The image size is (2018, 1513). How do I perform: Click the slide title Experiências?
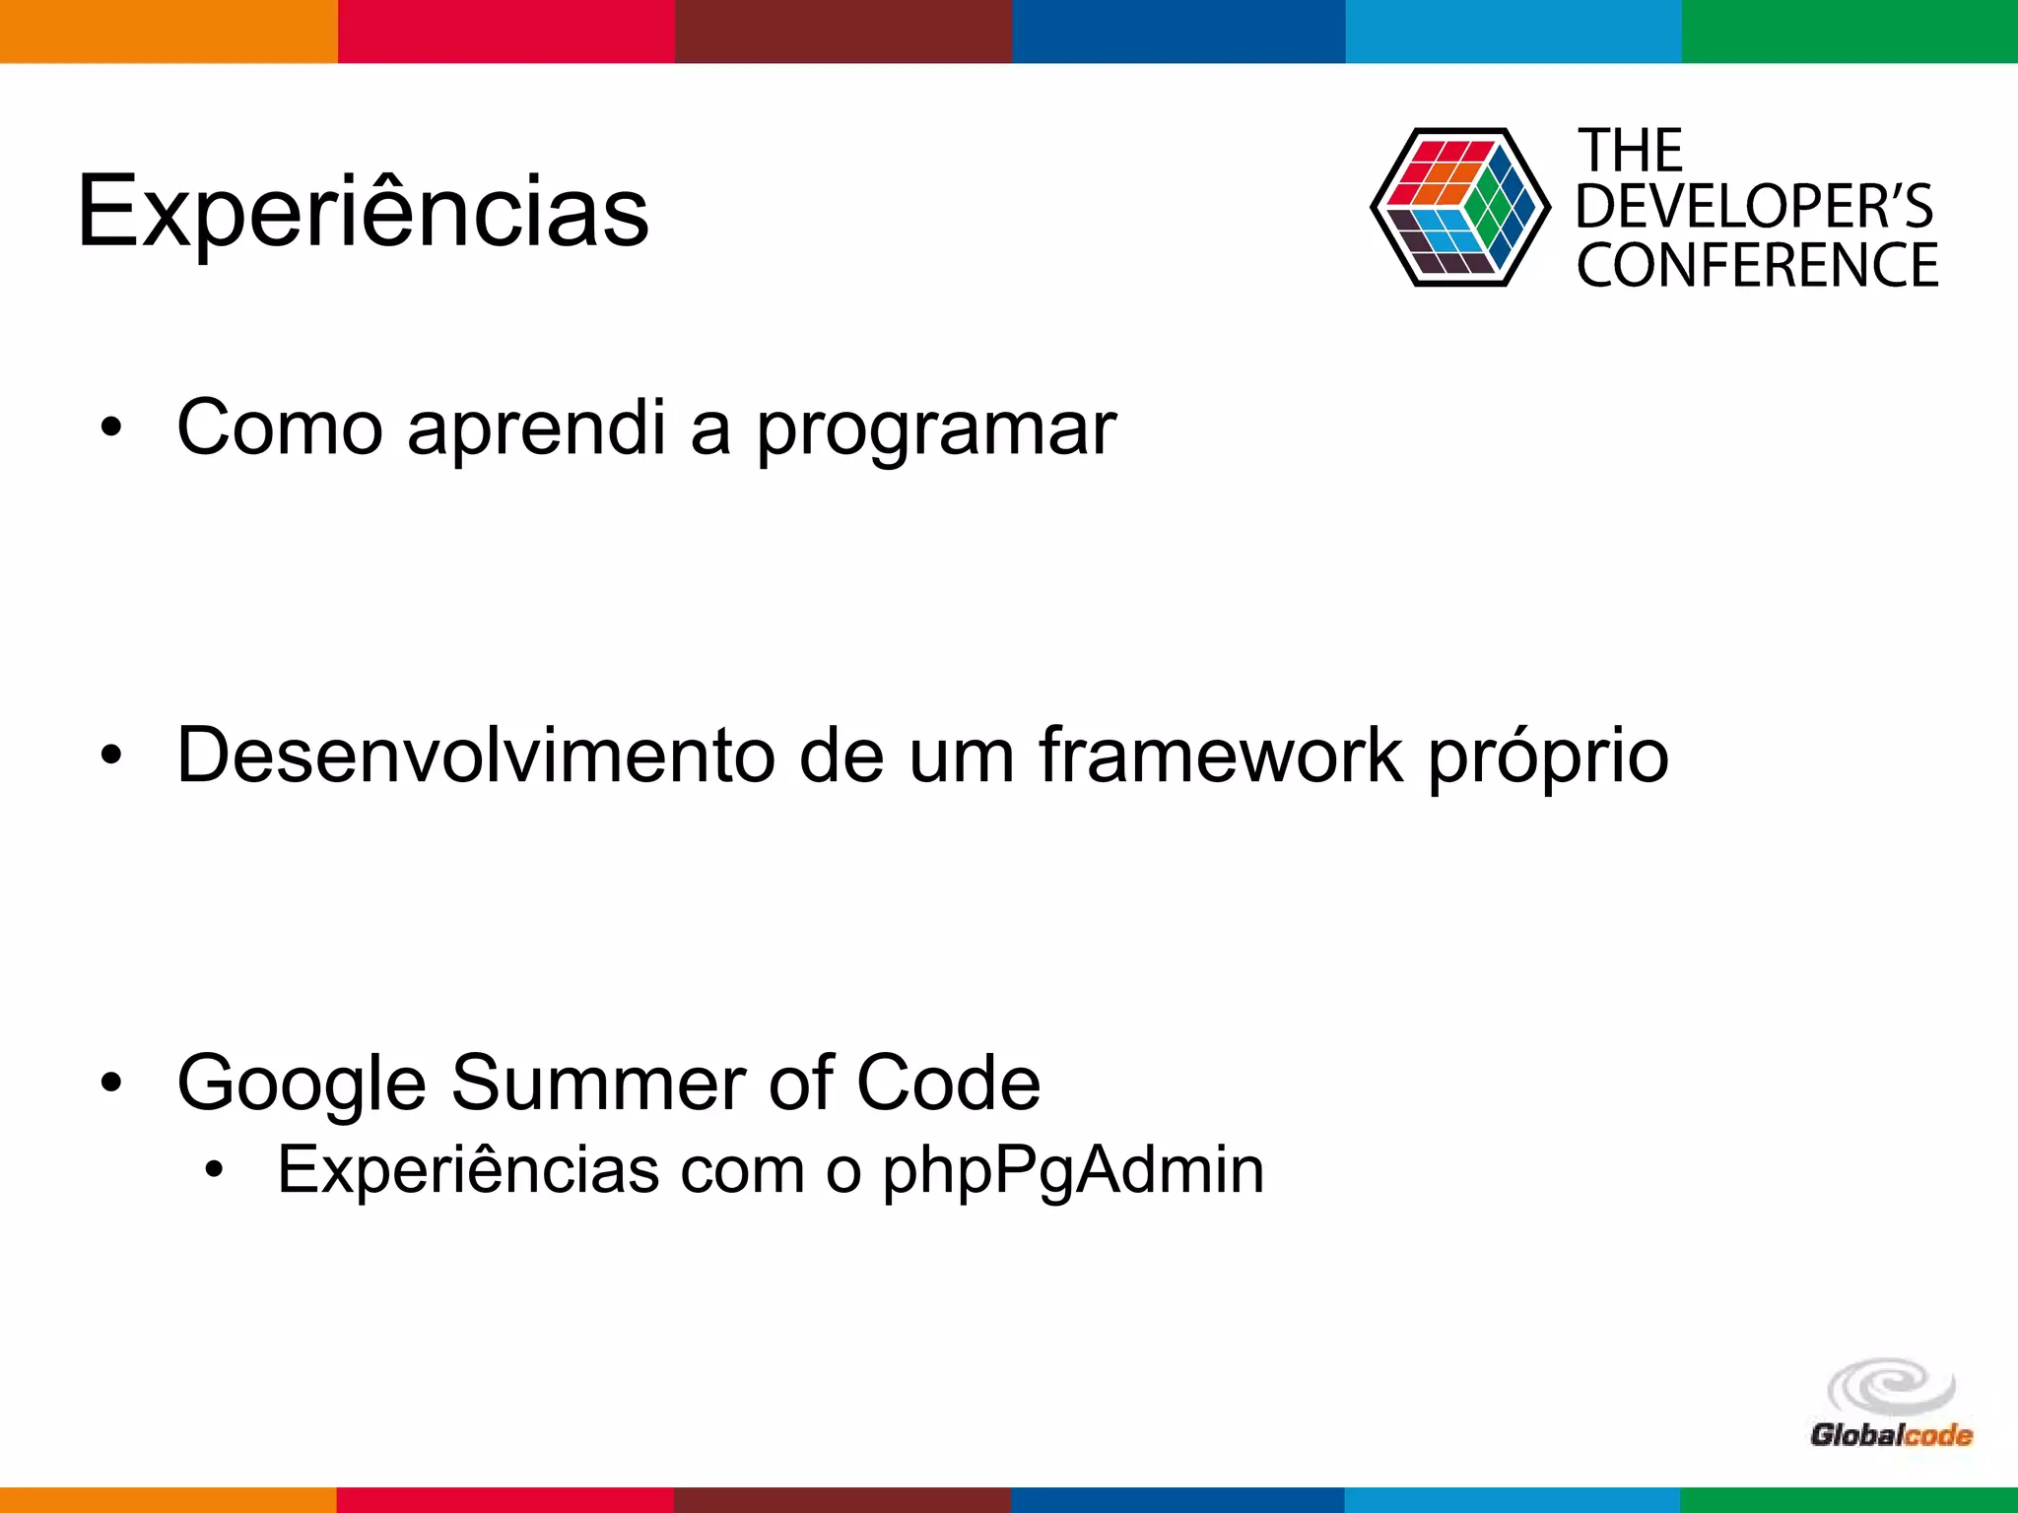pos(363,212)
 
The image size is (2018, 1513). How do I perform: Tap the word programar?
pos(935,430)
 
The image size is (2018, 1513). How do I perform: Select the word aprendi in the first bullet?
pos(536,430)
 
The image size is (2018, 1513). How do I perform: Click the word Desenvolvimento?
pos(475,756)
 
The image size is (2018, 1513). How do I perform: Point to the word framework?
pos(1221,756)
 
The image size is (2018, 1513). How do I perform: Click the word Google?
pos(302,1085)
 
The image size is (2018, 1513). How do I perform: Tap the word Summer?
pos(598,1083)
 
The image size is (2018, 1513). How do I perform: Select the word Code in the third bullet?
pos(948,1083)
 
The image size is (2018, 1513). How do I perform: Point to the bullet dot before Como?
pos(111,428)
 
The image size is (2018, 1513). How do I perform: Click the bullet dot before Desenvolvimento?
pos(111,756)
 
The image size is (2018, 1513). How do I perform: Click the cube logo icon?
pos(1459,208)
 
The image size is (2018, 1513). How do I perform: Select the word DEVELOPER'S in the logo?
pos(1754,207)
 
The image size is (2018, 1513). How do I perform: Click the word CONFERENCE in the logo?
pos(1757,265)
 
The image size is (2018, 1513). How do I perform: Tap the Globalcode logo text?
pos(1891,1434)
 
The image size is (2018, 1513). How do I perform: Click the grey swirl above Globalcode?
pos(1891,1386)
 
